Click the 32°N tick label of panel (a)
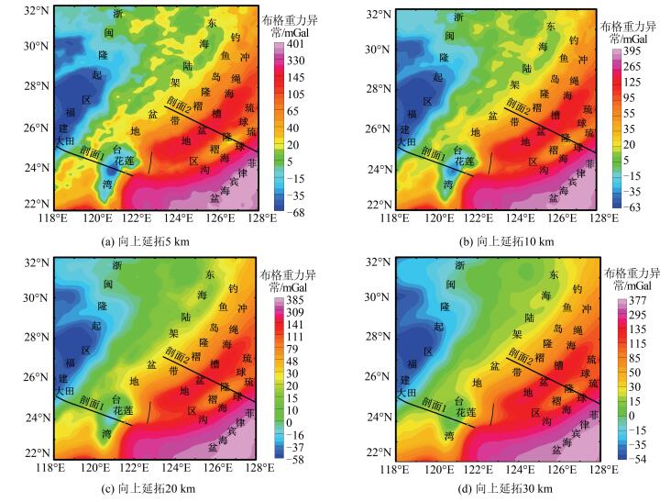tap(36, 10)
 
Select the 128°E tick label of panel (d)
tap(602, 469)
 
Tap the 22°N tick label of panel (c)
tap(36, 453)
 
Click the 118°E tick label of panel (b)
tap(395, 218)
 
